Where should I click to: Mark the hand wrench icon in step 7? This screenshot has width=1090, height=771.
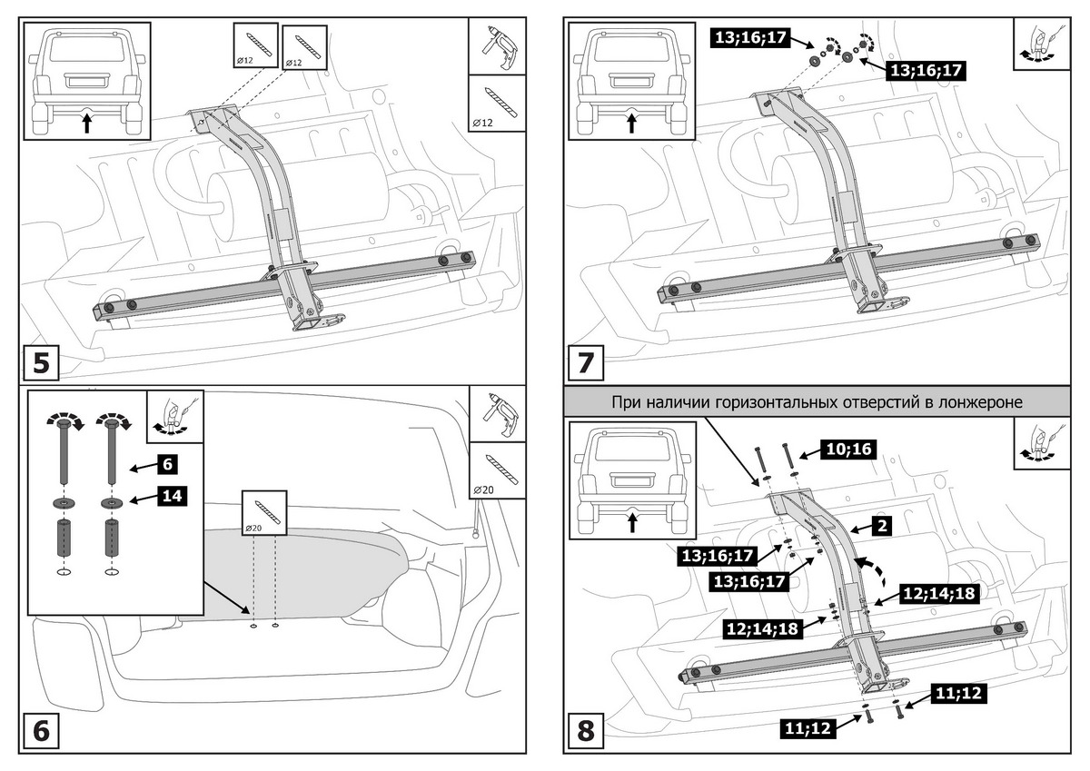[1041, 44]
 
